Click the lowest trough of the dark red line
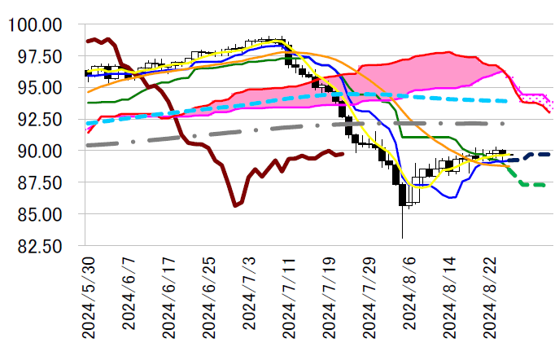point(235,206)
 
